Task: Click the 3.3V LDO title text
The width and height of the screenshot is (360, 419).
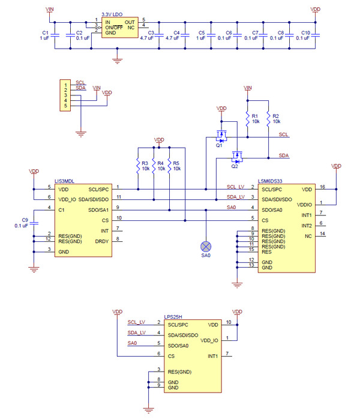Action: [x=112, y=14]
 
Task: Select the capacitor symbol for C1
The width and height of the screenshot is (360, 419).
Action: [x=55, y=35]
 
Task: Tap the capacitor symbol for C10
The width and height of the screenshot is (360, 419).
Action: [x=315, y=35]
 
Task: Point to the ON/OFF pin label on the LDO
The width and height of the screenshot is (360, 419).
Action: [x=114, y=28]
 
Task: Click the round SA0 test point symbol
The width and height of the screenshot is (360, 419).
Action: [x=206, y=246]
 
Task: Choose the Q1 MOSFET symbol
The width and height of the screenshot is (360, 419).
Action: [x=221, y=136]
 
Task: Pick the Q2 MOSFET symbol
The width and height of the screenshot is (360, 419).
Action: [x=237, y=157]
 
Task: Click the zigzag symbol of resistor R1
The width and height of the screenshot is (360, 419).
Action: [x=248, y=119]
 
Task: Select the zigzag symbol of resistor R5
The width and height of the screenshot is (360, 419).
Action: [x=169, y=166]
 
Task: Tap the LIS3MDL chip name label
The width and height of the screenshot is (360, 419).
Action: [x=64, y=181]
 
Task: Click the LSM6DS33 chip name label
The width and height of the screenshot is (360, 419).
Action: [x=270, y=181]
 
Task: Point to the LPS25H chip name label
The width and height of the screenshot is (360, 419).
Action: [x=173, y=317]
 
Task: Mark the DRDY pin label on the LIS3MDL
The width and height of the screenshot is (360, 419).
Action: [x=102, y=241]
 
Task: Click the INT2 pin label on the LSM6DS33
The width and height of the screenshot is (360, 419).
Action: [x=307, y=226]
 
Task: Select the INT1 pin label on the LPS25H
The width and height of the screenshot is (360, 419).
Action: [x=213, y=356]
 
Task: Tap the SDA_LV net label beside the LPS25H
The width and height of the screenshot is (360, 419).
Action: [x=136, y=333]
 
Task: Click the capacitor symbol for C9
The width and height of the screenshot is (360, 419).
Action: [x=34, y=223]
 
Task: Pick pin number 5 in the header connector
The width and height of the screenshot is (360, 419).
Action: [x=65, y=106]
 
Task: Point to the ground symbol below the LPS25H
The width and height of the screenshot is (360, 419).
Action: [x=148, y=410]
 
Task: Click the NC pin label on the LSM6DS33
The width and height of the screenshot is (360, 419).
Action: [x=308, y=237]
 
